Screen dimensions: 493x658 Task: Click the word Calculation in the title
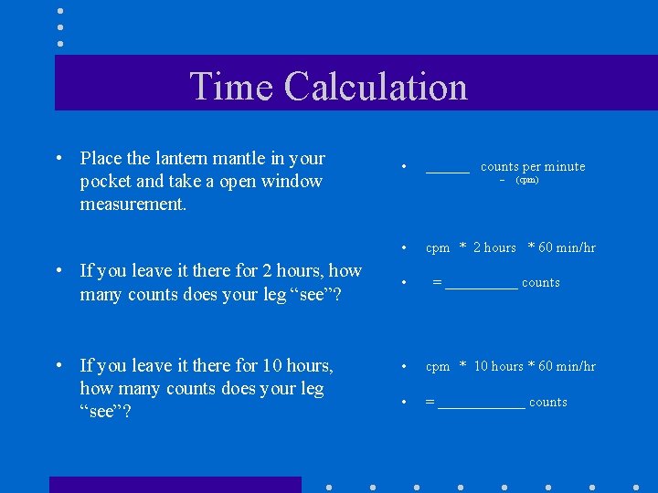click(376, 87)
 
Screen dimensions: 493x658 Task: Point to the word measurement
click(133, 204)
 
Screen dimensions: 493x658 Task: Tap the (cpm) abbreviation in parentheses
click(527, 181)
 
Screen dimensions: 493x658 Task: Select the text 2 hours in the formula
click(494, 247)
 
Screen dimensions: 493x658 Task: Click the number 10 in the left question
click(271, 366)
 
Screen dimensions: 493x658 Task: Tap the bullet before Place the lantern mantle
click(58, 159)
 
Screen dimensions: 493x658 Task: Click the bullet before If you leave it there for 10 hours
click(58, 366)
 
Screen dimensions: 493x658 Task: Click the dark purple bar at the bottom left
click(175, 485)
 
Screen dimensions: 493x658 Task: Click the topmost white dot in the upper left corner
click(59, 12)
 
